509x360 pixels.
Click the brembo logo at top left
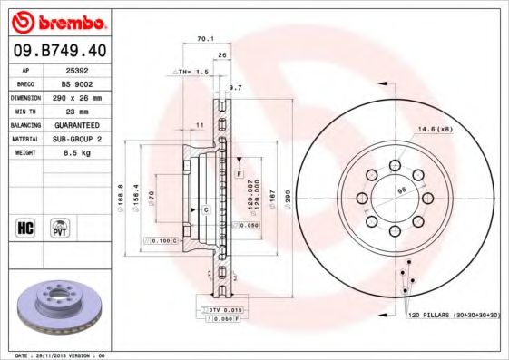coord(56,20)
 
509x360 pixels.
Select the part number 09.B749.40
coord(56,52)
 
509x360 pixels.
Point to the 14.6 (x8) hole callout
coord(436,129)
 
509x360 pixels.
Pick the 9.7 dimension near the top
coord(236,87)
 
